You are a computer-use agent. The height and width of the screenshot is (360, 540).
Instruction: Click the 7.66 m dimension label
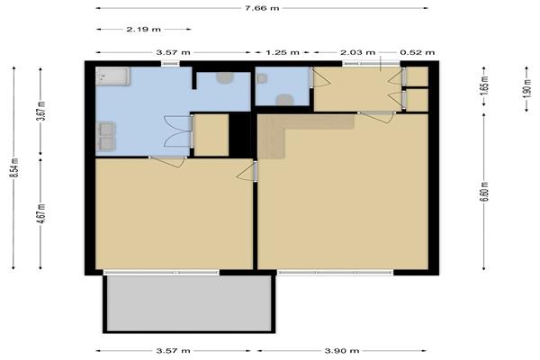[262, 8]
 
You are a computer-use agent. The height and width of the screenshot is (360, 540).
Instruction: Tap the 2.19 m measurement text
[144, 30]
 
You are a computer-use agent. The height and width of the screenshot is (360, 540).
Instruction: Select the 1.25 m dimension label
[282, 52]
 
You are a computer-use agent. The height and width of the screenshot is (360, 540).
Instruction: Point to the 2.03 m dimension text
[357, 52]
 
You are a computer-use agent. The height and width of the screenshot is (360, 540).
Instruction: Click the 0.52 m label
[417, 52]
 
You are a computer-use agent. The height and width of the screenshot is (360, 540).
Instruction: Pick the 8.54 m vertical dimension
[14, 167]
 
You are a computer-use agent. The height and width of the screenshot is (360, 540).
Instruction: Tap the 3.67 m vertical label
[41, 111]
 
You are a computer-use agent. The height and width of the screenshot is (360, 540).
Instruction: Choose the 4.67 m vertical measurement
[41, 213]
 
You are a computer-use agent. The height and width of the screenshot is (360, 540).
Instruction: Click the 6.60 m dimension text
[484, 191]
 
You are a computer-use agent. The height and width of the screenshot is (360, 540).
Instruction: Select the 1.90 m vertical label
[526, 88]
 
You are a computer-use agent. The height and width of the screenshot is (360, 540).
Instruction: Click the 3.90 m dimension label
[342, 351]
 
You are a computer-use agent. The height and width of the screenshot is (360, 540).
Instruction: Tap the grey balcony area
[189, 303]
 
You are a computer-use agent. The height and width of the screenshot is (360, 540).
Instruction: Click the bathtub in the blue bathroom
[112, 76]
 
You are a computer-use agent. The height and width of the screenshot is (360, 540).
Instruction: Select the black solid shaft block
[239, 135]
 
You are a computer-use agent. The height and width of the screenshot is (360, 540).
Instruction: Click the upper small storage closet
[417, 76]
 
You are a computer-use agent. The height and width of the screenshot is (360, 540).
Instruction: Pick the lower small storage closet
[417, 100]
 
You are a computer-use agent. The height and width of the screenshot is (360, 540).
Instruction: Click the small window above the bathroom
[170, 63]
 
